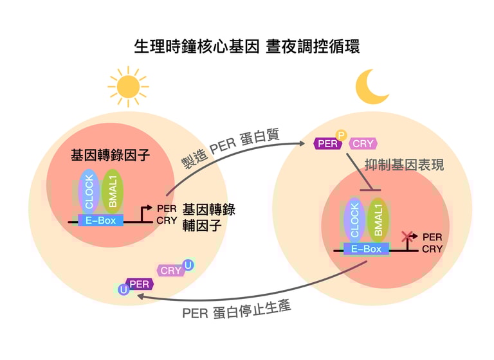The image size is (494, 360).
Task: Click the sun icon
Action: [x=128, y=86]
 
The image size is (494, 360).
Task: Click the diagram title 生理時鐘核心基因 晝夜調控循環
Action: [x=247, y=46]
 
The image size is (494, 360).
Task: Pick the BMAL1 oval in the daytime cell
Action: [x=112, y=191]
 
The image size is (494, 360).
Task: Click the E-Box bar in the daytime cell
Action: [x=100, y=220]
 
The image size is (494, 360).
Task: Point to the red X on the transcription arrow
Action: [x=407, y=237]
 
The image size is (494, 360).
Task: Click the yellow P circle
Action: [x=342, y=135]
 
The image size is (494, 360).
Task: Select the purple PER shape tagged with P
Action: [x=327, y=144]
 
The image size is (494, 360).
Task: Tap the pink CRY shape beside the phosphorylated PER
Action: [x=363, y=144]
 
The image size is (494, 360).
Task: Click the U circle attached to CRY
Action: [x=188, y=264]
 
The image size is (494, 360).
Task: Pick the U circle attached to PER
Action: [x=123, y=290]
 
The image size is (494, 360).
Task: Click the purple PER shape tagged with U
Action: [x=140, y=283]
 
